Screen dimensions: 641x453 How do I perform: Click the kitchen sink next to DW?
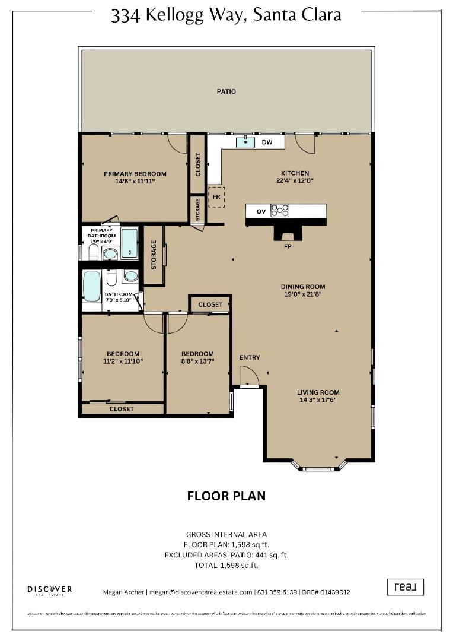(x=245, y=142)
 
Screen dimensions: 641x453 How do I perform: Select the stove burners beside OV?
(x=280, y=211)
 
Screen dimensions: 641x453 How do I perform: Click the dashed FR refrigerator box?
(x=217, y=197)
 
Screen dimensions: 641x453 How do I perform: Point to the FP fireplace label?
(x=287, y=245)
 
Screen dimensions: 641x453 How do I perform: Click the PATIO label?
(x=226, y=91)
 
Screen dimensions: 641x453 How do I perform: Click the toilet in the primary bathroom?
(x=93, y=253)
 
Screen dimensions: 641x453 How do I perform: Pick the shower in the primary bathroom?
(x=129, y=243)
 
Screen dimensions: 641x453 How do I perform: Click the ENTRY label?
(x=250, y=357)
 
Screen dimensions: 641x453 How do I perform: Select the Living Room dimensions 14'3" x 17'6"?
(x=318, y=401)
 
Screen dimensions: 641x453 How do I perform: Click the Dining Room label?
(x=303, y=287)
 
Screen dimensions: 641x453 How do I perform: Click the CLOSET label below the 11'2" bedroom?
(x=122, y=409)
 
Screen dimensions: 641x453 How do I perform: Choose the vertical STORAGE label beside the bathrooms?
(x=154, y=255)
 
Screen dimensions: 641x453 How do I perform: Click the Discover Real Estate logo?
(x=50, y=589)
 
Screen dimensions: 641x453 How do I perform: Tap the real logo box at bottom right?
(x=406, y=587)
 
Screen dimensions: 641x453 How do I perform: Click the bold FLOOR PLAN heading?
(x=226, y=496)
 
